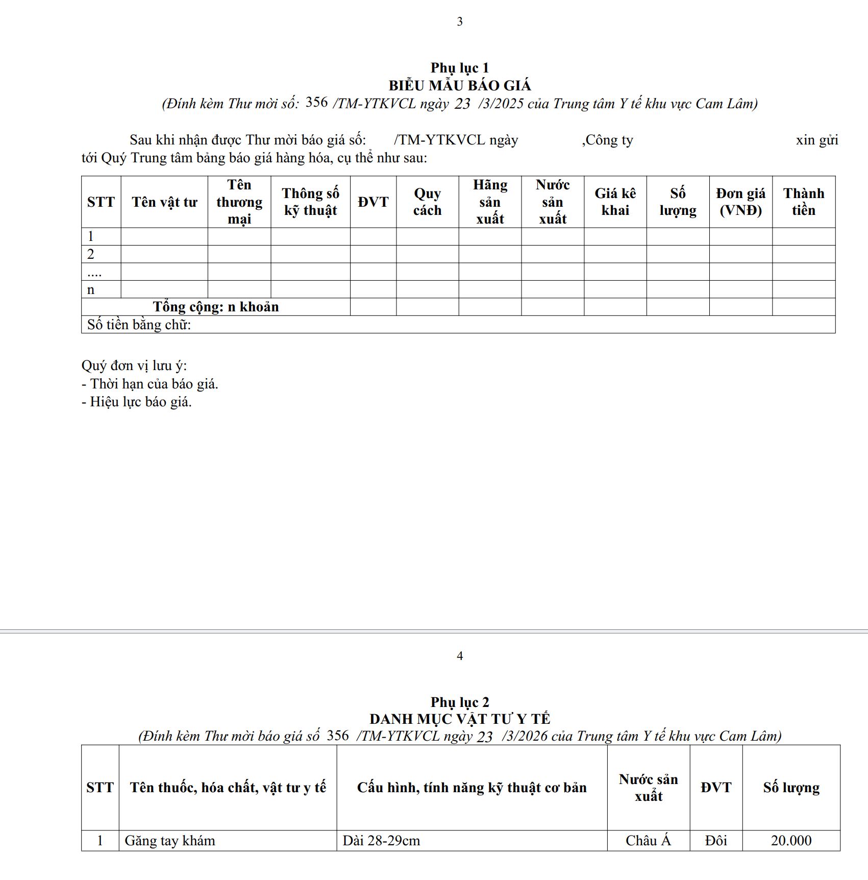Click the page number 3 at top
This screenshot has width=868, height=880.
click(x=460, y=21)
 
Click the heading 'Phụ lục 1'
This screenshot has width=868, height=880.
click(x=459, y=68)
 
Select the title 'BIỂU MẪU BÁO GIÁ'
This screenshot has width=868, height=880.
click(x=459, y=85)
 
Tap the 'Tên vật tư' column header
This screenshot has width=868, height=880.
click(x=164, y=202)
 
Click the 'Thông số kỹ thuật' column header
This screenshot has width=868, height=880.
click(x=310, y=202)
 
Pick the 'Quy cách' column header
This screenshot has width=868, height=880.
click(x=427, y=202)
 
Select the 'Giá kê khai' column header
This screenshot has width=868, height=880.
click(x=615, y=202)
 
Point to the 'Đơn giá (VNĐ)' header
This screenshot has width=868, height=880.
click(x=740, y=202)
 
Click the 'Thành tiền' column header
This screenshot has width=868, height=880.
click(x=804, y=202)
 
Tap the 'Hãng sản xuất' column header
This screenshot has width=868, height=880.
click(x=490, y=202)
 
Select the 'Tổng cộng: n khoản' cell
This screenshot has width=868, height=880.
click(x=216, y=307)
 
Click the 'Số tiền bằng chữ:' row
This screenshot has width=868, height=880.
click(x=139, y=325)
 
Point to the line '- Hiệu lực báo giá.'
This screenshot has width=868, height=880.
click(x=137, y=402)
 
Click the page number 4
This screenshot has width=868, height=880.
click(x=460, y=656)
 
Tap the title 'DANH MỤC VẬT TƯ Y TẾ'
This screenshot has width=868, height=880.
click(x=459, y=719)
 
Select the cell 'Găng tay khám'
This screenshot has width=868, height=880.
click(x=170, y=841)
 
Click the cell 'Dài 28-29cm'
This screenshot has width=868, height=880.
click(x=381, y=841)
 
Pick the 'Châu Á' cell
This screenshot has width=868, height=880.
click(x=648, y=841)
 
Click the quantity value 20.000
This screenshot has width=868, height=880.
click(x=791, y=841)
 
